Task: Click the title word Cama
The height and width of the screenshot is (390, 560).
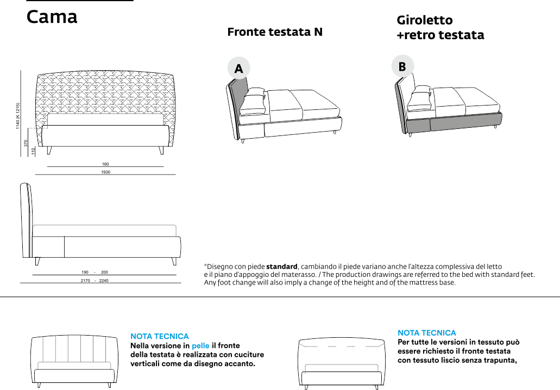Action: (52, 17)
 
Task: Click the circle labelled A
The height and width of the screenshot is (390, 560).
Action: (238, 69)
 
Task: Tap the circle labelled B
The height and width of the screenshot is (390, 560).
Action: (402, 66)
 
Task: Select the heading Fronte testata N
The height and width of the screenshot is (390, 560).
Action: (274, 32)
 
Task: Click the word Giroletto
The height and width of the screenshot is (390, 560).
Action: (424, 21)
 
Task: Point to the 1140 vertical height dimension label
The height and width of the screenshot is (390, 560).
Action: (18, 116)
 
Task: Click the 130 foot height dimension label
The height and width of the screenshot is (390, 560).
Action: (33, 151)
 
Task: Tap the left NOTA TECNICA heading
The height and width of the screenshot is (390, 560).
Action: (160, 337)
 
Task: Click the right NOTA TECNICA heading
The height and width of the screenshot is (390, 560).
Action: (427, 332)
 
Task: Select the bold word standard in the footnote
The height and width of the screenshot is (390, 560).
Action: (281, 267)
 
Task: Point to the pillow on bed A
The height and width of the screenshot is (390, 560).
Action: (253, 101)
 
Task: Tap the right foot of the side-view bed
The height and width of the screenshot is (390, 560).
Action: (174, 261)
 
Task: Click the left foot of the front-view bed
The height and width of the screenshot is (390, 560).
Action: (49, 150)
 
